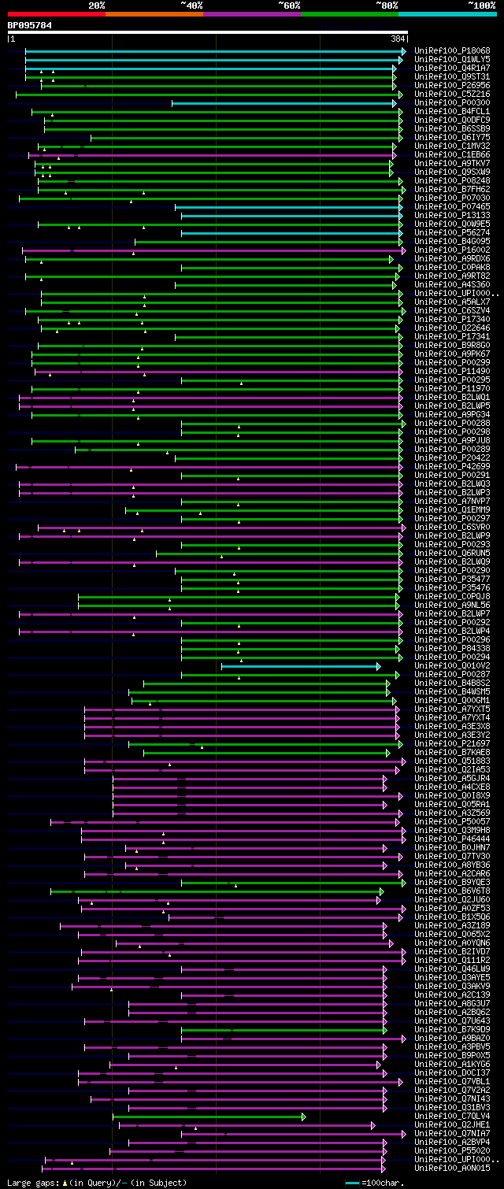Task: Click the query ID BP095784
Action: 30,25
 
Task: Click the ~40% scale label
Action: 191,6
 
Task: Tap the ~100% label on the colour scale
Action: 481,6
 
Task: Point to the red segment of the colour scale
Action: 56,13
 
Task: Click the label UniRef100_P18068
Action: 452,51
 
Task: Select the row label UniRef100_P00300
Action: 452,103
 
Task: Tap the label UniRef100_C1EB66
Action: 452,155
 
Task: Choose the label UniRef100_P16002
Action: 452,250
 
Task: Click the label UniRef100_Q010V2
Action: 452,666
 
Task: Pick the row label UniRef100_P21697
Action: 452,744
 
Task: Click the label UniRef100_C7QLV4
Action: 452,1117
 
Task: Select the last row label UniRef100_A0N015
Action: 452,1169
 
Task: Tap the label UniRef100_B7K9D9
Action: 452,1030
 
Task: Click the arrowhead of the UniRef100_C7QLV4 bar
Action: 304,1117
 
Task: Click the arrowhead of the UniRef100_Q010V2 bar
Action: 379,666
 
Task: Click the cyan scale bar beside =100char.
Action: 352,1183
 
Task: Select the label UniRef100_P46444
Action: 452,839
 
